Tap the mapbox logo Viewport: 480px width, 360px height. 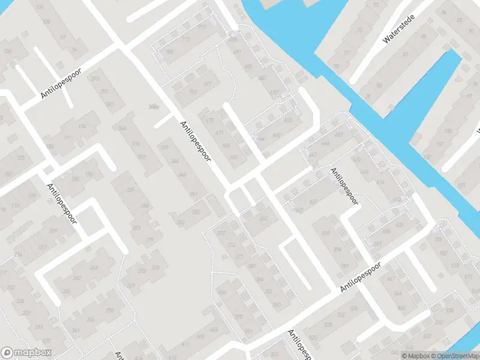click(27, 353)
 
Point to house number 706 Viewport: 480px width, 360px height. click(170, 52)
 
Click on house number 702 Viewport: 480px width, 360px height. click(193, 92)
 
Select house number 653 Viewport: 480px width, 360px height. click(288, 121)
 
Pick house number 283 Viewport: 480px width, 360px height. click(136, 228)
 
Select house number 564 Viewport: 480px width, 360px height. click(398, 293)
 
